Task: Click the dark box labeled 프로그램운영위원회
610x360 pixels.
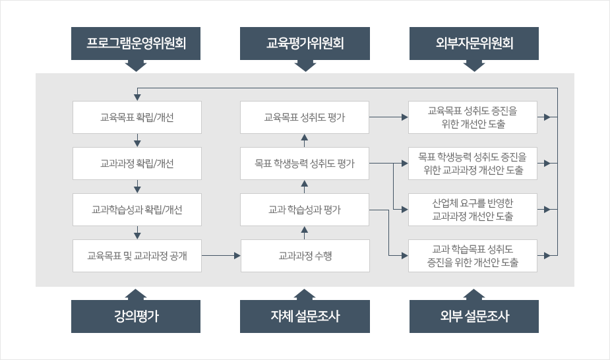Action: click(136, 44)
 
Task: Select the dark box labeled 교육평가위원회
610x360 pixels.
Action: click(305, 44)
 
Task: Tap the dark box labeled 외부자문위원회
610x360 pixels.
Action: click(474, 44)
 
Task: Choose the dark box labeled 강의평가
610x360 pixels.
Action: click(136, 316)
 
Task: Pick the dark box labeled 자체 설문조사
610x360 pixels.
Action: click(305, 316)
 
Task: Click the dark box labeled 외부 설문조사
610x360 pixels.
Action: click(474, 316)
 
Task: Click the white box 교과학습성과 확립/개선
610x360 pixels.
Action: click(137, 210)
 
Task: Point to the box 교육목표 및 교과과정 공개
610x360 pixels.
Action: click(137, 256)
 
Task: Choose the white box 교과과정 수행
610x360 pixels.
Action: click(305, 256)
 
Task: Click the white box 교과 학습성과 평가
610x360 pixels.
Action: click(305, 210)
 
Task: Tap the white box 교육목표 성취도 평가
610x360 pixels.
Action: click(305, 118)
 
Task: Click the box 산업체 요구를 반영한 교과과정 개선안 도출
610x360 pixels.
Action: click(473, 210)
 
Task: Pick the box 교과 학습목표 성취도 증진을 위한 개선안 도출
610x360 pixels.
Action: click(473, 256)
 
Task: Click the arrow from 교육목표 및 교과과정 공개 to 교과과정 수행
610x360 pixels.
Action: click(220, 255)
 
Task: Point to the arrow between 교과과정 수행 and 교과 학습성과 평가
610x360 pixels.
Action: click(305, 232)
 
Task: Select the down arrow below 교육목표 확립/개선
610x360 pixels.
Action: click(137, 140)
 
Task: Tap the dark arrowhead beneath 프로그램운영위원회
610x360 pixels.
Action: click(136, 66)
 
